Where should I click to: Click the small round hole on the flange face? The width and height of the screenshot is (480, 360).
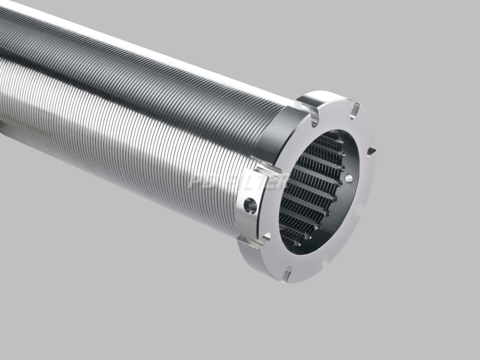[x=349, y=179]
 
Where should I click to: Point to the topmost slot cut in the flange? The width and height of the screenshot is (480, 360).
[x=355, y=111]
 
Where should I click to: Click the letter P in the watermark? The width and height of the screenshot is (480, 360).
[x=196, y=181]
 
